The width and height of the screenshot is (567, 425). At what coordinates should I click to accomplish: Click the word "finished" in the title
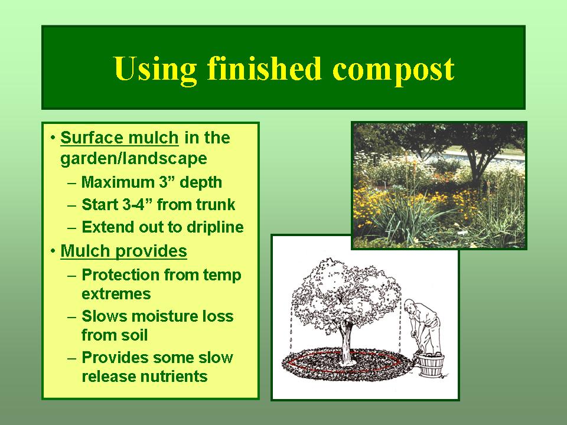click(x=265, y=68)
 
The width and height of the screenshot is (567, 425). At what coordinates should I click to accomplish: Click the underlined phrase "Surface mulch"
click(x=119, y=138)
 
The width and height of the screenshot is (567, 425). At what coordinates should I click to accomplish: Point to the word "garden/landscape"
click(x=134, y=158)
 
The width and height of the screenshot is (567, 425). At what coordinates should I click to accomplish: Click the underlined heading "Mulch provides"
click(x=123, y=251)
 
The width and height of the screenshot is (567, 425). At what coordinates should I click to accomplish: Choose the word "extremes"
click(x=116, y=294)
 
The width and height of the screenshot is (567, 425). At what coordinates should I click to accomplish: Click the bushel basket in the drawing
click(x=431, y=365)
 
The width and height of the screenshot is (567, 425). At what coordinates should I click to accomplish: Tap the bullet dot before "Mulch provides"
click(x=54, y=251)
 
